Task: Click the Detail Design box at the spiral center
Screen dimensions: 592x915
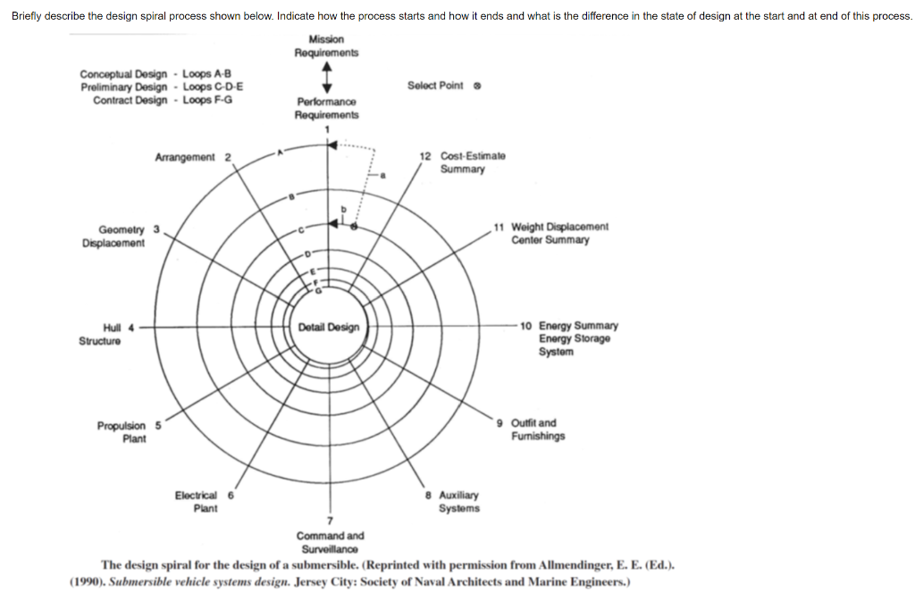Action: (x=329, y=328)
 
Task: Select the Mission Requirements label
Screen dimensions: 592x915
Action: (x=326, y=46)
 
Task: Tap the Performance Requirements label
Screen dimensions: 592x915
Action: (x=326, y=109)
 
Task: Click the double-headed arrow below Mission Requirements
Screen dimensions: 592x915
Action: (x=327, y=78)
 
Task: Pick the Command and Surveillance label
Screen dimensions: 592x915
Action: (x=330, y=541)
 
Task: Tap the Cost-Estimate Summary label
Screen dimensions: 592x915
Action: (x=467, y=163)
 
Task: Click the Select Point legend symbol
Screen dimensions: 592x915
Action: (x=476, y=86)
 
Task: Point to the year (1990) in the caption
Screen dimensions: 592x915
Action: (x=88, y=582)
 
